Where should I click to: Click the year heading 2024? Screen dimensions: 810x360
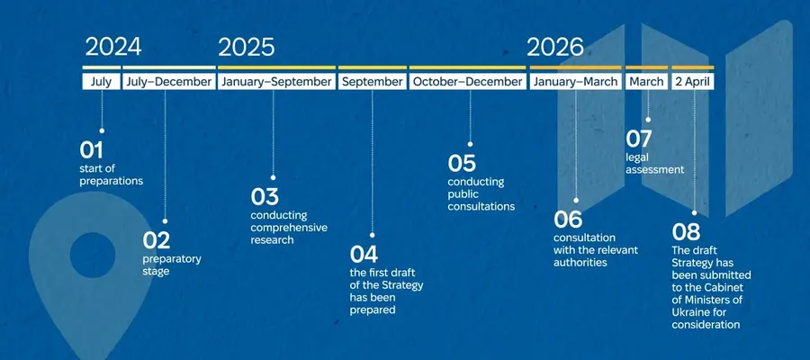point(113,47)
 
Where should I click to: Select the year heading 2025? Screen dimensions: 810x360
point(247,47)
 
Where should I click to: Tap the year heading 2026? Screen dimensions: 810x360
point(555,47)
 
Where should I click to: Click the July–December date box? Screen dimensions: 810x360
point(169,82)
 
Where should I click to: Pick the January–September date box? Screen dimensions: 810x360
point(276,82)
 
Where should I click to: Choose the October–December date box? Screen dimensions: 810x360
point(467,82)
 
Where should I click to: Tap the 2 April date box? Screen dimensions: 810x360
point(693,82)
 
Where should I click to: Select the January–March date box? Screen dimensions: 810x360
point(575,82)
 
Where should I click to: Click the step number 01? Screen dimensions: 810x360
point(91,150)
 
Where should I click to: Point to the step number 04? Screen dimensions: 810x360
point(364,254)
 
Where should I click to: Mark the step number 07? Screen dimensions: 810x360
point(638,139)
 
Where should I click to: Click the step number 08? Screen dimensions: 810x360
point(686,232)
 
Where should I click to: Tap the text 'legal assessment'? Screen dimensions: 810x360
point(655,163)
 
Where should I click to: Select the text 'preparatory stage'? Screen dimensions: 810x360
point(172,265)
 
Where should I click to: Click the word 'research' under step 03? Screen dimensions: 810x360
point(272,239)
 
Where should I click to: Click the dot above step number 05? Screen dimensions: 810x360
point(470,144)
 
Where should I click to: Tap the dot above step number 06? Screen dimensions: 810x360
point(576,200)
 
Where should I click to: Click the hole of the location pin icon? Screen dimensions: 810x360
point(93,255)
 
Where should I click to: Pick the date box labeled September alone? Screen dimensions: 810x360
point(372,82)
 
